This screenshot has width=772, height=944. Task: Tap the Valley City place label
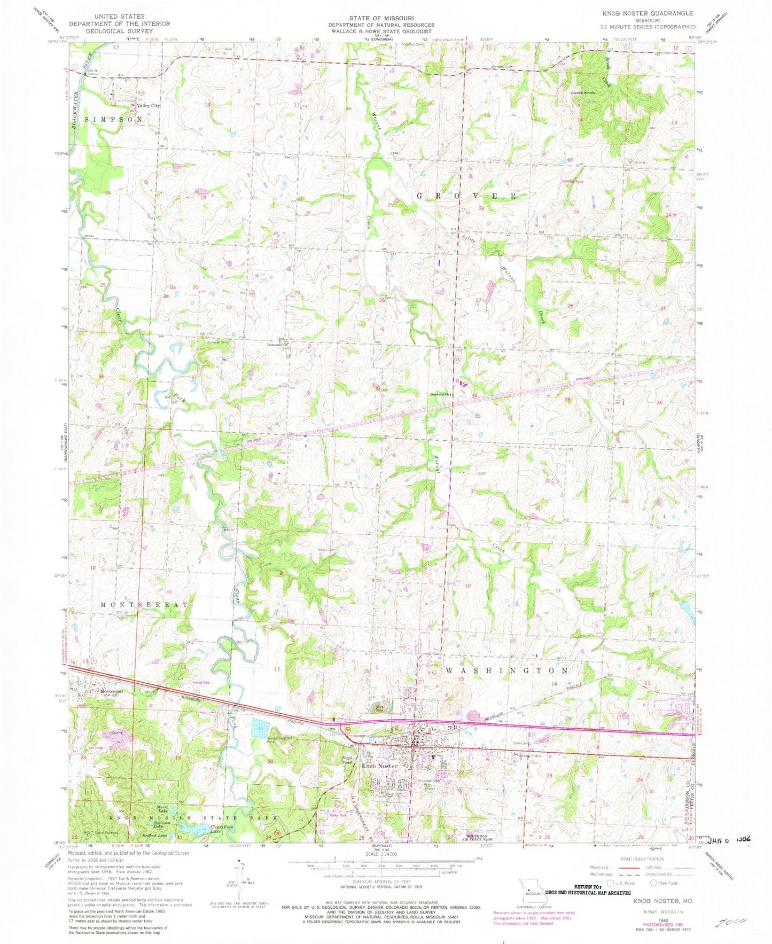point(148,106)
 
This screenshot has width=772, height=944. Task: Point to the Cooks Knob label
point(583,93)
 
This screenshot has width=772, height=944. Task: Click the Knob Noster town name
point(380,766)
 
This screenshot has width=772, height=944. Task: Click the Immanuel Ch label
point(278,345)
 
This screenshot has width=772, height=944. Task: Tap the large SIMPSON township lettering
point(114,120)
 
